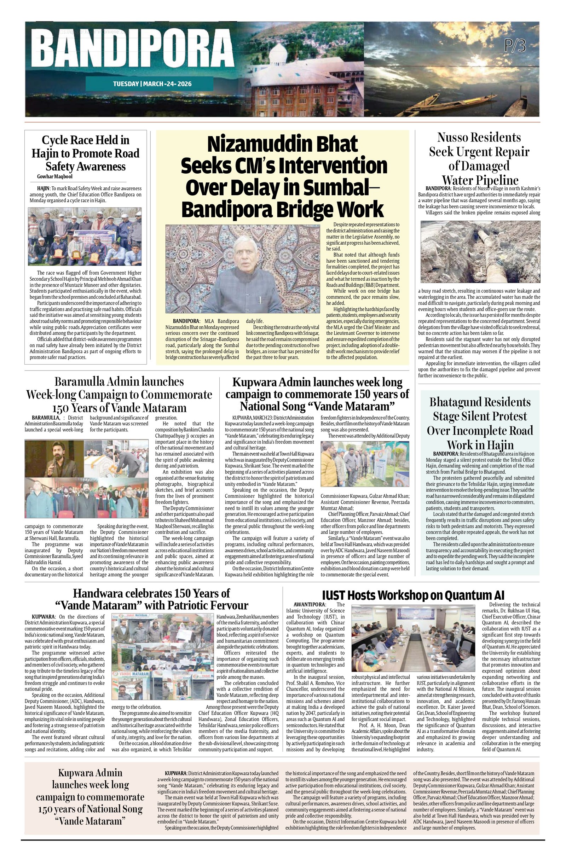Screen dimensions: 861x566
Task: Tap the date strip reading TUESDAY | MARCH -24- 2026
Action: point(152,84)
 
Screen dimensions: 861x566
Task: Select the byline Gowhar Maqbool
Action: point(54,176)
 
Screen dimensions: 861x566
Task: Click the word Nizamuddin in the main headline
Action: point(282,144)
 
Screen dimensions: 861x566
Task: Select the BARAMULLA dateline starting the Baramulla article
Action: point(45,418)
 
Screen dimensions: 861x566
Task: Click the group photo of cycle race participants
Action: point(85,236)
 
